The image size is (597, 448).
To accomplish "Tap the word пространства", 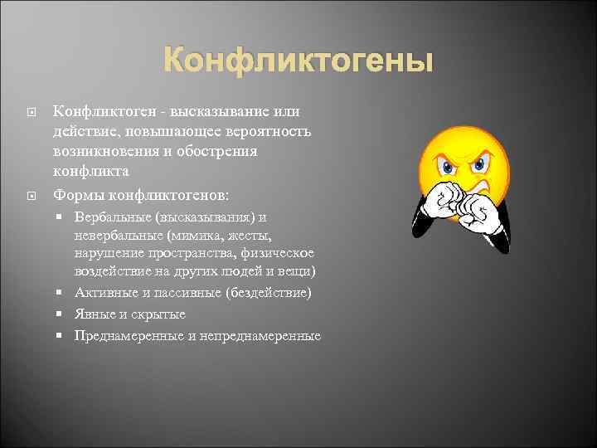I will (x=180, y=253).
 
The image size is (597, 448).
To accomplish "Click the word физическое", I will (x=279, y=253).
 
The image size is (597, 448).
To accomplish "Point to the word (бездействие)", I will (x=264, y=293).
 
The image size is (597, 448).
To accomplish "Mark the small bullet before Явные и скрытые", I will (x=64, y=314).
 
